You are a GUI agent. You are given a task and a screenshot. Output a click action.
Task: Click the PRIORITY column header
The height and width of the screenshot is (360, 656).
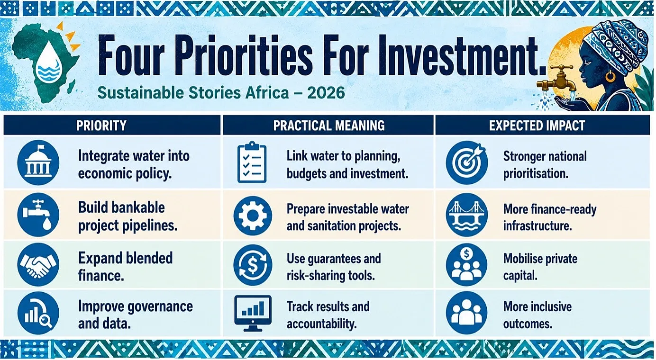101,126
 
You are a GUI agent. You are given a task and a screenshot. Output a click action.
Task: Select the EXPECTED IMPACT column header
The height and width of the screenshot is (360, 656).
537,126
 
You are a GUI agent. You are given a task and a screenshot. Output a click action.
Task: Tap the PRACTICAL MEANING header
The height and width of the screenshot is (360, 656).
329,126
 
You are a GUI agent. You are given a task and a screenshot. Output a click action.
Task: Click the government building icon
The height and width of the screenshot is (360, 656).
38,162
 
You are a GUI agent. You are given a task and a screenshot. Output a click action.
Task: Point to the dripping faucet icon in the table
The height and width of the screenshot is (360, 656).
38,215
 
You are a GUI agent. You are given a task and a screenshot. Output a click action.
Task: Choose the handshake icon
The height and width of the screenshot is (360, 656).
38,265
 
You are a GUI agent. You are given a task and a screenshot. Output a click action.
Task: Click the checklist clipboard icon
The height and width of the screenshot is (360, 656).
252,162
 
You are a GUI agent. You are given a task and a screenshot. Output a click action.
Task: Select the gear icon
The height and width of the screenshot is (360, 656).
253,216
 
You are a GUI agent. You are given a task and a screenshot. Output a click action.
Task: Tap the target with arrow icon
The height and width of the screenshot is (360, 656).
467,162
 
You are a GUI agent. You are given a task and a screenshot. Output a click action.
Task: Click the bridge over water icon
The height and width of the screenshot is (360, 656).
467,215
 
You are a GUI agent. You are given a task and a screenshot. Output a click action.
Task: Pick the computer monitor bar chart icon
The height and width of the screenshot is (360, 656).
253,313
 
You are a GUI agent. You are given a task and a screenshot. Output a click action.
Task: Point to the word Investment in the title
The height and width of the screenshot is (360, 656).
462,55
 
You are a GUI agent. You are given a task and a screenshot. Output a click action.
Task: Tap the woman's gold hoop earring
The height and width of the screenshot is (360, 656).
610,76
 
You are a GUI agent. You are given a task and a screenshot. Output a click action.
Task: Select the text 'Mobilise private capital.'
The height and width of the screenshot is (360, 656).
540,267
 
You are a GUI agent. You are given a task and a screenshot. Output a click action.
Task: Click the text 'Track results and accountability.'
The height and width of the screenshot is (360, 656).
328,315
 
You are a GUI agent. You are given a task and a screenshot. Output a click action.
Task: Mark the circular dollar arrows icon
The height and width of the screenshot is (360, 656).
253,265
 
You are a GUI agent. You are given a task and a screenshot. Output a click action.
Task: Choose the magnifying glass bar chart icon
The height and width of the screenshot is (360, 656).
38,313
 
